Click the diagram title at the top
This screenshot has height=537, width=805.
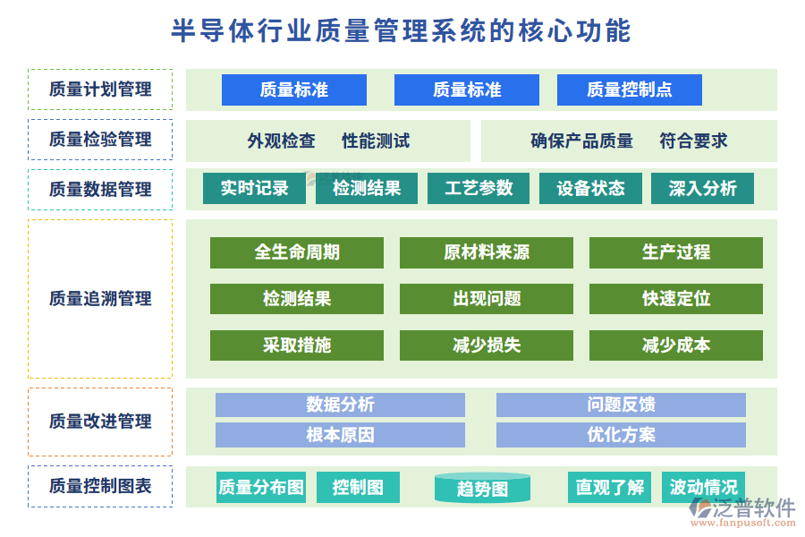[402, 31]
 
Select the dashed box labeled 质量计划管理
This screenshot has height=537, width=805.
[100, 89]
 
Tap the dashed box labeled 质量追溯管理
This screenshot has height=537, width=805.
[100, 299]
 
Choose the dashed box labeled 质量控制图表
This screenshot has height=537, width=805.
[100, 486]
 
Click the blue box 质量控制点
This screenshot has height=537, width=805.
[629, 89]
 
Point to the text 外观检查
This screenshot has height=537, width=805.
[281, 141]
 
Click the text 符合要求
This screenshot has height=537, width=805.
[693, 141]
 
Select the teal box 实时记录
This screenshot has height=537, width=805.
[255, 188]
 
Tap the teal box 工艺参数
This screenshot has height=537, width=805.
[479, 188]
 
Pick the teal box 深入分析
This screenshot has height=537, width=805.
[702, 188]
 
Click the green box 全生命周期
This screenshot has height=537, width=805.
[297, 252]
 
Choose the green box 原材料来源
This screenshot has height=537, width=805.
[486, 252]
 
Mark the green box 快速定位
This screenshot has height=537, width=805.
[675, 299]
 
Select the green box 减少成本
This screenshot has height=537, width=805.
[675, 345]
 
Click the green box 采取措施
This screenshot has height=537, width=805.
[297, 345]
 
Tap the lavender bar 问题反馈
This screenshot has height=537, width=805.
[621, 405]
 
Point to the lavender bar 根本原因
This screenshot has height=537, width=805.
[340, 435]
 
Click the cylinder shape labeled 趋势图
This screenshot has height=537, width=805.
[482, 488]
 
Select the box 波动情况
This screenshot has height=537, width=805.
[703, 487]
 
